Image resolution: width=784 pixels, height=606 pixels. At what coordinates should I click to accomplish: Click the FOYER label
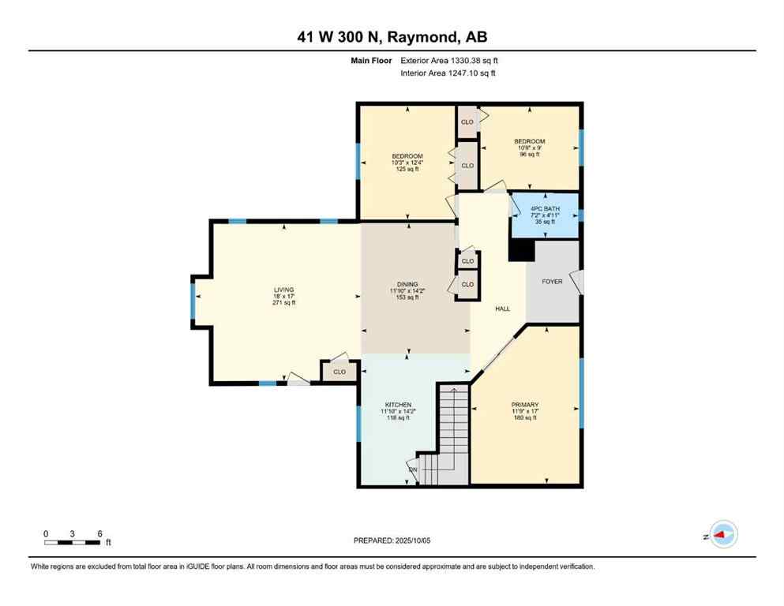pos(552,282)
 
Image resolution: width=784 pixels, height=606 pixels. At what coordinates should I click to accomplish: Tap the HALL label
pos(502,309)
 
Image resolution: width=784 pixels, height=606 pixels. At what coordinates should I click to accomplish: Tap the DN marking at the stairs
pos(413,471)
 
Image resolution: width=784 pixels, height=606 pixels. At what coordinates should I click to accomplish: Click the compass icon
pos(722,536)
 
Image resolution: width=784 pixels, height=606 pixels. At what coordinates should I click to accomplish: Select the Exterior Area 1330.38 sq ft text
pos(449,60)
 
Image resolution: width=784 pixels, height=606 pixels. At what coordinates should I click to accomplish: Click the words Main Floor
pos(372,60)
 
